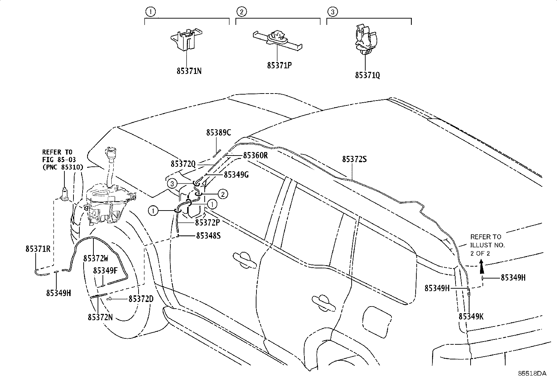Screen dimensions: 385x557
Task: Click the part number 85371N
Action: (x=189, y=71)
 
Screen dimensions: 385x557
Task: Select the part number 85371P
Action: (x=279, y=65)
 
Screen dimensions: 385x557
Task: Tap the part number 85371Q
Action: (x=367, y=75)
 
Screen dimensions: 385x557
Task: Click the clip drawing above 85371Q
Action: (x=365, y=40)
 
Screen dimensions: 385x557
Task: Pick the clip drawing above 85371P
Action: (x=277, y=38)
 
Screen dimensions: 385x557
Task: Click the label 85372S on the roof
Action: (x=354, y=159)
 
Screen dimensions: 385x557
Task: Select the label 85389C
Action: (x=218, y=132)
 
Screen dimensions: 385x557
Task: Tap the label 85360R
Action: (x=255, y=155)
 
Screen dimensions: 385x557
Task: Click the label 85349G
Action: (x=236, y=174)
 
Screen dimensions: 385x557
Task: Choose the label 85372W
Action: (x=96, y=259)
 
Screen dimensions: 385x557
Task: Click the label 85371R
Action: (x=38, y=249)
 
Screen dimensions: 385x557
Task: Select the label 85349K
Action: (x=471, y=316)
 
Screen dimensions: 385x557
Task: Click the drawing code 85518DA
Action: (x=532, y=373)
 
